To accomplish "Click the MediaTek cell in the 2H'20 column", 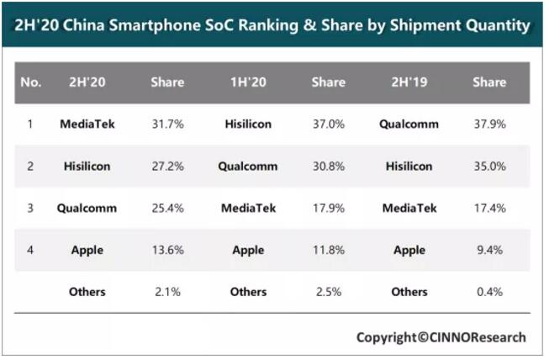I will click(87, 124).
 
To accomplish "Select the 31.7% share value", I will click(167, 124).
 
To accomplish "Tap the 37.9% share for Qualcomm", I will click(489, 124).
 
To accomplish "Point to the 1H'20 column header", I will click(248, 82).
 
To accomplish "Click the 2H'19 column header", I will click(409, 82).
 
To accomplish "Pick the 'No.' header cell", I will click(30, 82).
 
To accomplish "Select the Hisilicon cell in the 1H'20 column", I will click(248, 124).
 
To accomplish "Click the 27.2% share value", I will click(167, 167).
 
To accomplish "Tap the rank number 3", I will click(30, 208).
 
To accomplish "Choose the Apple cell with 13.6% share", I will click(87, 250).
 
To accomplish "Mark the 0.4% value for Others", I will click(489, 292).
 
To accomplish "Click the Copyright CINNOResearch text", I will click(441, 337).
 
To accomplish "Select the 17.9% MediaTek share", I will click(329, 208).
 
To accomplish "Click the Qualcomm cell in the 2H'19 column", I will click(409, 124).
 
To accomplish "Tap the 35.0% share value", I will click(489, 167).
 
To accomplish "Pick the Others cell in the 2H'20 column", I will click(87, 292).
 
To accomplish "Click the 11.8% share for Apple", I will click(329, 250).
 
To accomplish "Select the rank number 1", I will click(30, 124).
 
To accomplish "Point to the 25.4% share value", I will click(167, 208).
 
